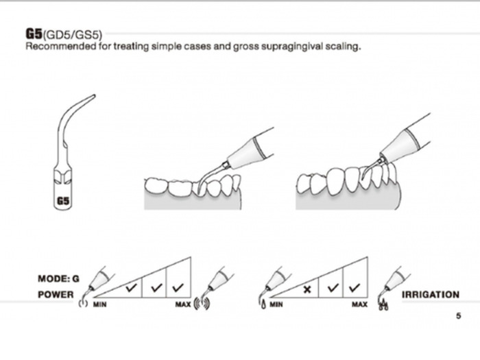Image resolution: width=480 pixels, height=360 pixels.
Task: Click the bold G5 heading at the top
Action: coord(34,33)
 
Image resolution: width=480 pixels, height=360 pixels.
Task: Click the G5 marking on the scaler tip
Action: coord(62,201)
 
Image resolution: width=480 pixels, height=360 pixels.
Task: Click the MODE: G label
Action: coord(59,279)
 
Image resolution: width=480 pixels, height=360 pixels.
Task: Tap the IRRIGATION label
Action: coord(430,295)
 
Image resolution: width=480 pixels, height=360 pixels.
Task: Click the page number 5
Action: coord(458,316)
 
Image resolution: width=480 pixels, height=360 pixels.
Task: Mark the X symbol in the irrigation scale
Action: coord(307,289)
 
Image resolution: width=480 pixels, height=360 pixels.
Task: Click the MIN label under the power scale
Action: coord(99,304)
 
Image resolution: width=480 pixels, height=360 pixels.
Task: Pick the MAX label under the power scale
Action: coord(183,304)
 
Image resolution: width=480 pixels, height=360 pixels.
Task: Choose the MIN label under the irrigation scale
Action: coord(276,304)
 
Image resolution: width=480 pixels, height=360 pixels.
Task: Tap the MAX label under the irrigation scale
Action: coord(359,304)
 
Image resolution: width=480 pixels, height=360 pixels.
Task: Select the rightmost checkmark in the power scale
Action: coord(180,287)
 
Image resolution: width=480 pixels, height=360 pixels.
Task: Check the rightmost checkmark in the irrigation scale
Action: coord(355,287)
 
